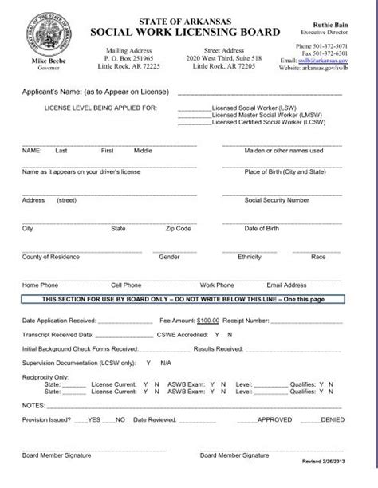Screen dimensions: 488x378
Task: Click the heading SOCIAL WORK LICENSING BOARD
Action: click(x=187, y=32)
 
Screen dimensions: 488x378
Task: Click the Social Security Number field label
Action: click(x=276, y=200)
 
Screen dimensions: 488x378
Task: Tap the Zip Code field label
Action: click(x=178, y=229)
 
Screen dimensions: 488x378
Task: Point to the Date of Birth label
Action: click(x=262, y=229)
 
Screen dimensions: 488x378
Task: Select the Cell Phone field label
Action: click(x=126, y=285)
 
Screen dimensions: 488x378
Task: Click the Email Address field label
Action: click(x=286, y=285)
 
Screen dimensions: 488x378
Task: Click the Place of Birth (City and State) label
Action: click(x=284, y=171)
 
